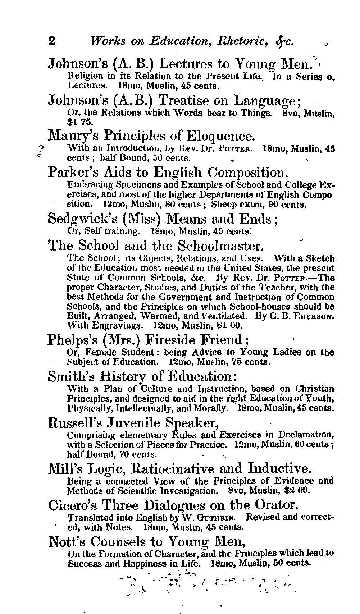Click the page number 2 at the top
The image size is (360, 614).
point(52,41)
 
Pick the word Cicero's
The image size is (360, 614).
point(72,505)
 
